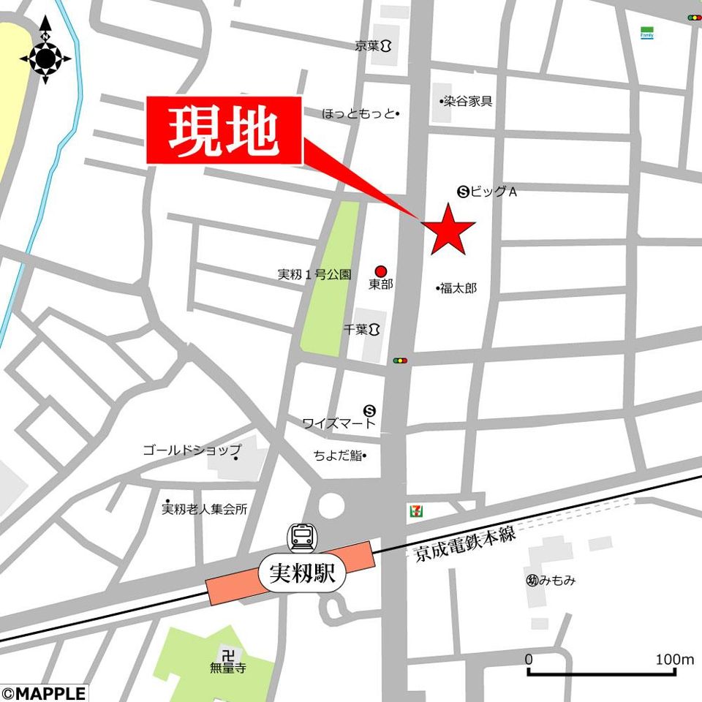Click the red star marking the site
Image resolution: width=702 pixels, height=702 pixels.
coord(447,228)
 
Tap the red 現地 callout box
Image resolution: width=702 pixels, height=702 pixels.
coord(224,130)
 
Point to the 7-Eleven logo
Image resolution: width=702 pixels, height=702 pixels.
coord(415,510)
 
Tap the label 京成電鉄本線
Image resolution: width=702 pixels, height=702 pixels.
coord(465,544)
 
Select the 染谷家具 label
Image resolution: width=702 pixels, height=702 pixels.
coord(467,101)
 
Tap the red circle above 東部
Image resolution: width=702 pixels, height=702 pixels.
coord(380,271)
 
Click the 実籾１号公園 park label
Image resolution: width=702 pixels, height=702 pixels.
coord(314,275)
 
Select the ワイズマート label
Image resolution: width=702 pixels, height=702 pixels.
coord(339,423)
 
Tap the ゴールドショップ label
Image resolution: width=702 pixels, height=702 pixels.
coord(192,450)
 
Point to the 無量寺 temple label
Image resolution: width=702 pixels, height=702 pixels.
coord(227,668)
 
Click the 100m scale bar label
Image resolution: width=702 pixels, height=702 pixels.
coord(674,660)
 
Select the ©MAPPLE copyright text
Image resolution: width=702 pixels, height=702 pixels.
coord(44,692)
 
